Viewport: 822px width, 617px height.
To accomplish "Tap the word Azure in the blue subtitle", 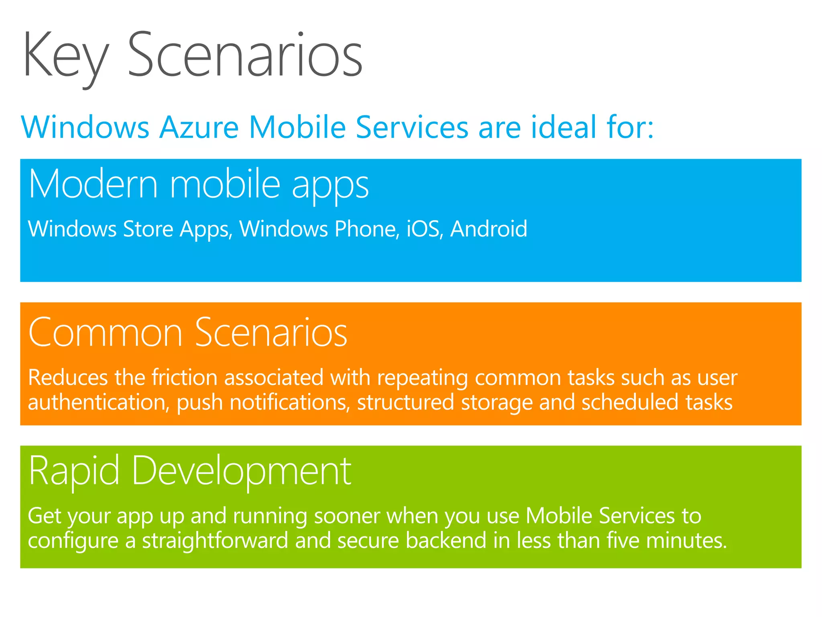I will click(x=199, y=127).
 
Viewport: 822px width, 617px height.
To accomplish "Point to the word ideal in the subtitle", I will click(x=564, y=127).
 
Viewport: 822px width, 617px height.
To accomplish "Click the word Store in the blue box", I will click(x=148, y=229).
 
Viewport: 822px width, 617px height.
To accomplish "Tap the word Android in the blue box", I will click(x=488, y=229).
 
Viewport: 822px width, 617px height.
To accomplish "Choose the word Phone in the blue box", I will click(x=367, y=229).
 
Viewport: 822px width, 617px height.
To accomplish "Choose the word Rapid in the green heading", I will click(x=74, y=471).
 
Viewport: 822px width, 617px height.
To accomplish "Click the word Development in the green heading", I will click(x=241, y=471).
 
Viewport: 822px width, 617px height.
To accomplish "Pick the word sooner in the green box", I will click(x=347, y=516).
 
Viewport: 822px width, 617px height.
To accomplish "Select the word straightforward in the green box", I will click(x=215, y=541).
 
